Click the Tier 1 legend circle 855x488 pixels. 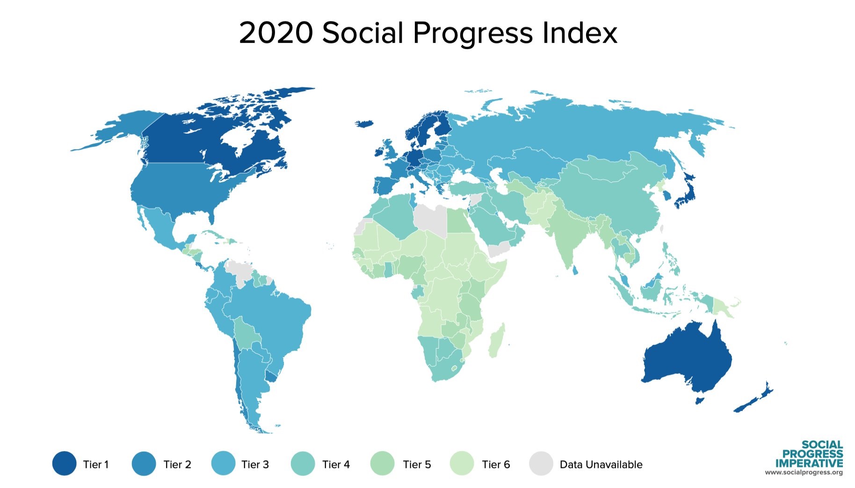[x=64, y=463]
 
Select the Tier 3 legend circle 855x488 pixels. [x=223, y=463]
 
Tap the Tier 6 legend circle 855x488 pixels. [x=462, y=463]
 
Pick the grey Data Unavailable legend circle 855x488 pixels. [x=541, y=463]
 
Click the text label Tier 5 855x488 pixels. [x=417, y=465]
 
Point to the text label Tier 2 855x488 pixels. [x=177, y=465]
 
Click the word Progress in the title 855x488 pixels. [x=472, y=34]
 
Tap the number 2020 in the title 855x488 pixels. [x=275, y=34]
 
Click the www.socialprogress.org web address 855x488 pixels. [x=804, y=473]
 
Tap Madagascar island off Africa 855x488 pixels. [x=497, y=341]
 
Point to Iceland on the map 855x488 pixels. [x=365, y=123]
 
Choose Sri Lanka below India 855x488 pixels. [x=575, y=270]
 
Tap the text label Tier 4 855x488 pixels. [x=336, y=465]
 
